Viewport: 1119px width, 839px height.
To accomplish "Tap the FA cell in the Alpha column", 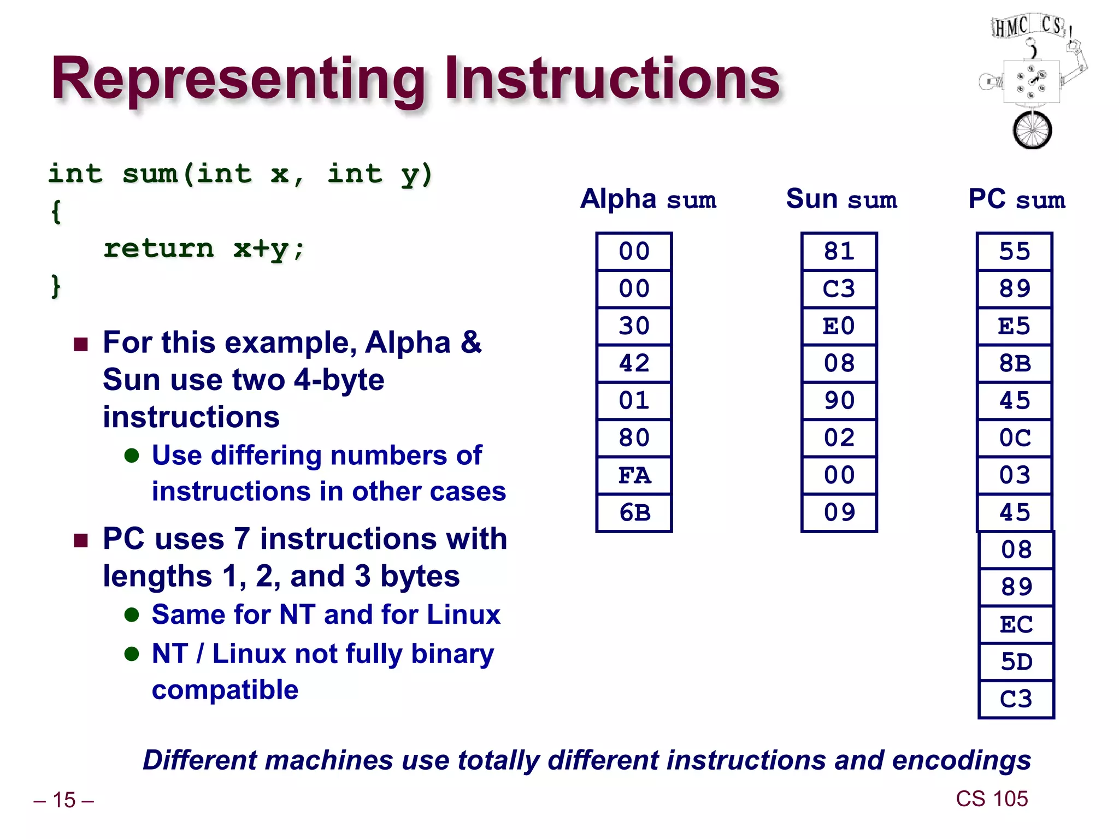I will click(634, 475).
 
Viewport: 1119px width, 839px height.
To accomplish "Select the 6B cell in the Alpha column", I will click(634, 512).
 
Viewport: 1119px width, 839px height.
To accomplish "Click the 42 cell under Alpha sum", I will click(634, 363).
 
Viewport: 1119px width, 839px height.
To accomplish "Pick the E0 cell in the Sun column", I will click(839, 326).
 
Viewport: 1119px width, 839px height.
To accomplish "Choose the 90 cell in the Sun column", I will click(839, 400).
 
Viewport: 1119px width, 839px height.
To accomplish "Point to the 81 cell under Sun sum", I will click(839, 251).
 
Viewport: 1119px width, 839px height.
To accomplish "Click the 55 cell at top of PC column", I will click(1014, 251).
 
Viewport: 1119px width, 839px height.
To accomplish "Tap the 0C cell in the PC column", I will click(1014, 438).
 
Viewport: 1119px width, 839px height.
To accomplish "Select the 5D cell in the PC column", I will click(1016, 661).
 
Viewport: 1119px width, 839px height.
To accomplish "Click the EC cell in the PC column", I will click(1016, 624).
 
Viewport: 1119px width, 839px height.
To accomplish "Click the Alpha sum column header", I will click(648, 199).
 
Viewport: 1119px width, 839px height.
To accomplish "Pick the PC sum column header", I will click(1016, 199).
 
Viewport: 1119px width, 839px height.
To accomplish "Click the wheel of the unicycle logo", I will click(1032, 130).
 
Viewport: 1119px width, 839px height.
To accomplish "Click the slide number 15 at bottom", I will click(64, 800).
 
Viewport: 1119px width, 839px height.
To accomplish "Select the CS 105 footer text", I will click(992, 799).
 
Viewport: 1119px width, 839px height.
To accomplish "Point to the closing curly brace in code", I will click(55, 286).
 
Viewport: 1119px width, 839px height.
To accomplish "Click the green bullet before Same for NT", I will click(132, 615).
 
